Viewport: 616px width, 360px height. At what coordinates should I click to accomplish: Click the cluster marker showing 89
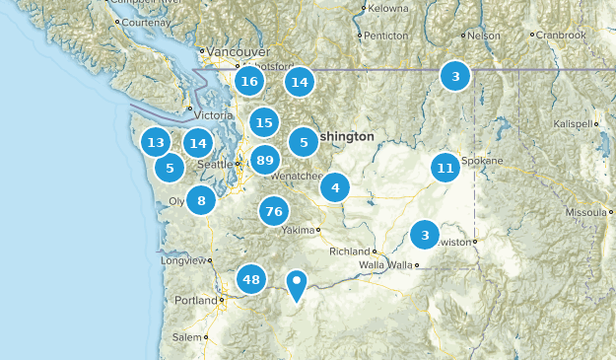tap(264, 160)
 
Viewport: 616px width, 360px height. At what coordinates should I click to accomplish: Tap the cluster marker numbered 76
tap(274, 211)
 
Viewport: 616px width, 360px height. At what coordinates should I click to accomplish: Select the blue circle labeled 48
tap(251, 279)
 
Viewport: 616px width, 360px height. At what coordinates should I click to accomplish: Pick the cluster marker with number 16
tap(249, 82)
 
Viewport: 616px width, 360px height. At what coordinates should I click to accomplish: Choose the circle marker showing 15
tap(263, 122)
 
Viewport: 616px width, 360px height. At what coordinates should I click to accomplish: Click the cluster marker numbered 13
tap(156, 143)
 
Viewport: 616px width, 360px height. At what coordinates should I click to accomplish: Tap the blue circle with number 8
tap(201, 201)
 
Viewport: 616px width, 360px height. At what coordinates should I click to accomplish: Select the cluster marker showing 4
tap(335, 187)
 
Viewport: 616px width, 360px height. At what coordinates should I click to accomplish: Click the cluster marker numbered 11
tap(445, 168)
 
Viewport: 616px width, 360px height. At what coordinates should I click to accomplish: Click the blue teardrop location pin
tap(297, 285)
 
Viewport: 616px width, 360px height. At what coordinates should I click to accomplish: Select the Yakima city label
tap(298, 230)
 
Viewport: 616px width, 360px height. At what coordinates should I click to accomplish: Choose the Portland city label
tap(195, 300)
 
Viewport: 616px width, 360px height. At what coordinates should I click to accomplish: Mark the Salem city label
tap(187, 337)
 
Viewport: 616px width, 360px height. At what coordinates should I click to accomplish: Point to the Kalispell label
tap(574, 124)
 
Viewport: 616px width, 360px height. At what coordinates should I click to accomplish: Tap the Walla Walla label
tap(385, 265)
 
